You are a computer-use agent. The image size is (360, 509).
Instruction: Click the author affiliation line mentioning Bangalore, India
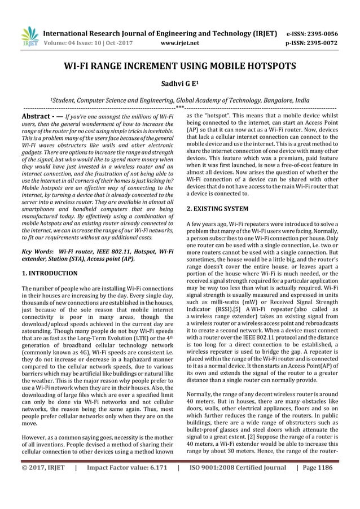pos(179,98)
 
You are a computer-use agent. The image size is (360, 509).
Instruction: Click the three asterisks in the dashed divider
pos(179,107)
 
